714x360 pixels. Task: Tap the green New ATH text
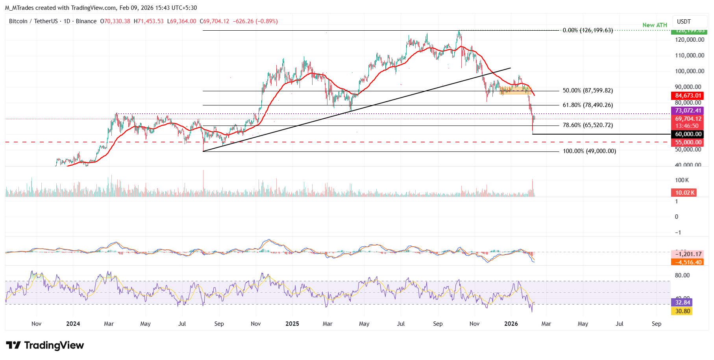[x=655, y=25]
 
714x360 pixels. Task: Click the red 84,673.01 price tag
[x=688, y=96]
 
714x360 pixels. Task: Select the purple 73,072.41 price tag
[x=688, y=111]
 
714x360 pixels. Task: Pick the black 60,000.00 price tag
[x=688, y=134]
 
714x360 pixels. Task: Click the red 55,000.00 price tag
[x=688, y=142]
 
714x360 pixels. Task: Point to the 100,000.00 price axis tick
[x=690, y=71]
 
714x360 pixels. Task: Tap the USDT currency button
[x=684, y=22]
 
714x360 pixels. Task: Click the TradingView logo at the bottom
[x=45, y=345]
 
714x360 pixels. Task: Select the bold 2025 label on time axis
[x=292, y=324]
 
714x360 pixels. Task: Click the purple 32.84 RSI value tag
[x=683, y=303]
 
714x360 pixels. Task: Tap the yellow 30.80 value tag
[x=683, y=311]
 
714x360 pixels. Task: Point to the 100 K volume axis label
[x=682, y=180]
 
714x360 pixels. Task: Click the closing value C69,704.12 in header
[x=214, y=21]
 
